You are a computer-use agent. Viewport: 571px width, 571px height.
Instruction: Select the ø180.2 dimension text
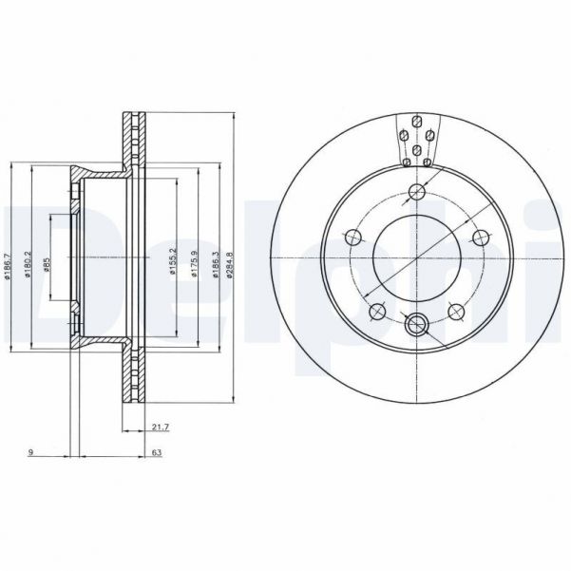click(30, 257)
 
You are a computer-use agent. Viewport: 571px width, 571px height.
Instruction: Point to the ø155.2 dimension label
click(174, 257)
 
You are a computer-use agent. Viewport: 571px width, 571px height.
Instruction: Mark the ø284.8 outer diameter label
click(232, 257)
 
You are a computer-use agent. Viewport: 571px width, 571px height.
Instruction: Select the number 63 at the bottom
click(155, 454)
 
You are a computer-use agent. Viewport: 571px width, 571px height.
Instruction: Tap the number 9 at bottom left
click(31, 454)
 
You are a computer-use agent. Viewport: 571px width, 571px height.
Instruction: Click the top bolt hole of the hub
click(415, 194)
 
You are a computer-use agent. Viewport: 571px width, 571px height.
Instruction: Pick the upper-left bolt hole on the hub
click(354, 238)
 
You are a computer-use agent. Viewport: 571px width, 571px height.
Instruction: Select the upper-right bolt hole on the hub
click(476, 238)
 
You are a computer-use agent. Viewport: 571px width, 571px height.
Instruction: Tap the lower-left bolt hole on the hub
click(377, 310)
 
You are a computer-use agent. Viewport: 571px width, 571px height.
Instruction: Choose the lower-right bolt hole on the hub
click(454, 310)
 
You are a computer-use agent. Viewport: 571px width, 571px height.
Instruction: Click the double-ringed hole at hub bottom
click(415, 326)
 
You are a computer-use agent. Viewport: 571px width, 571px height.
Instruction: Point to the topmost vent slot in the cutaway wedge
click(416, 121)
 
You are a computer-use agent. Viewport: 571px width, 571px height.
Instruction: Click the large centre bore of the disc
click(415, 258)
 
